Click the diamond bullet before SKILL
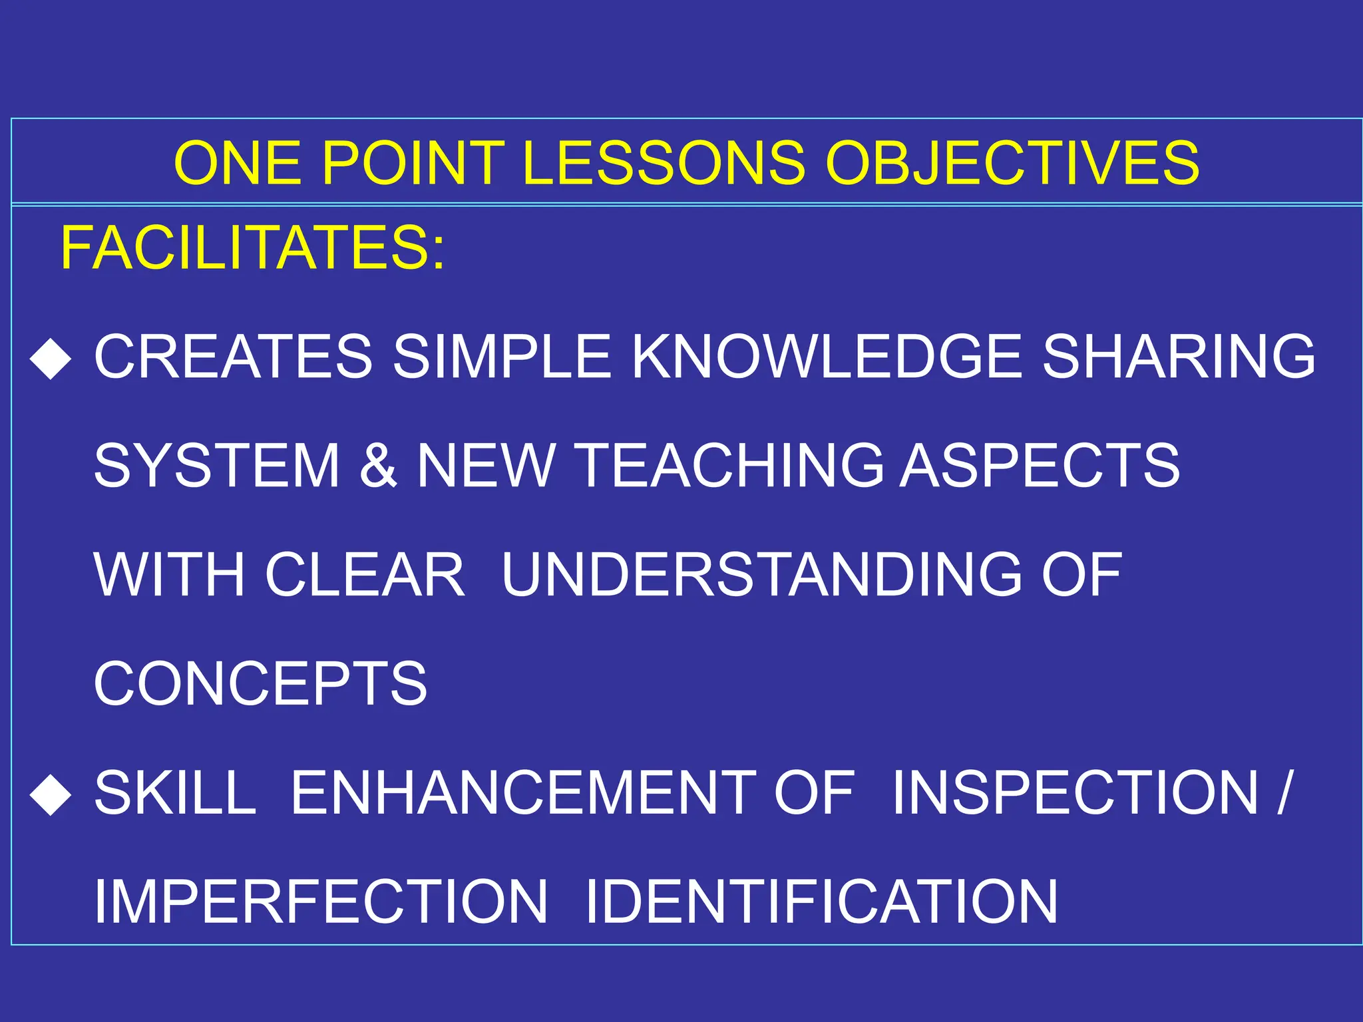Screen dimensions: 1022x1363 (51, 794)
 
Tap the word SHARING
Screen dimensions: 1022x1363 (1178, 357)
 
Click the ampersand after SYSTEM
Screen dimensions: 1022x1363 (378, 466)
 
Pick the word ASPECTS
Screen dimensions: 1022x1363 (1040, 466)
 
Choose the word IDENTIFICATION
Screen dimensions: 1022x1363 (821, 902)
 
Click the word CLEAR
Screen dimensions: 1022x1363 (365, 574)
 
